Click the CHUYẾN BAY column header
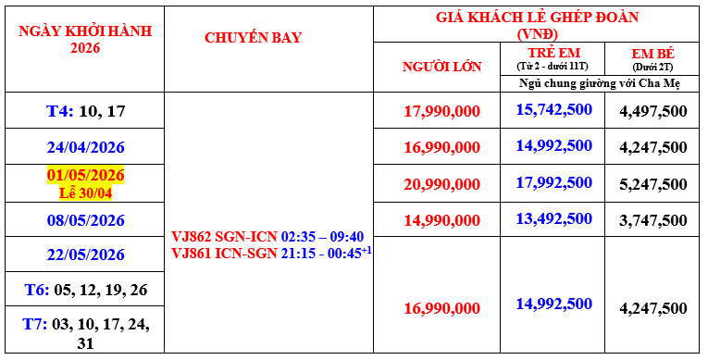point(253,38)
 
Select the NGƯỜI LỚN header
point(441,67)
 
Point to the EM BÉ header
point(653,55)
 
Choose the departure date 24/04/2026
point(85,146)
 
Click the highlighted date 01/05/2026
point(85,175)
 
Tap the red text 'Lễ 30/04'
point(85,192)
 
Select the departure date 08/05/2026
point(85,220)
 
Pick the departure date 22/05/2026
point(85,254)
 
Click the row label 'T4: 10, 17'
point(85,111)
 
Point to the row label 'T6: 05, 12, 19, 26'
point(85,290)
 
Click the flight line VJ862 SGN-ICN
point(267,236)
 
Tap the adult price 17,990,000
point(441,111)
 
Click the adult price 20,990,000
point(441,184)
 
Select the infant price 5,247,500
point(652,184)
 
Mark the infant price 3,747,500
point(652,220)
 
